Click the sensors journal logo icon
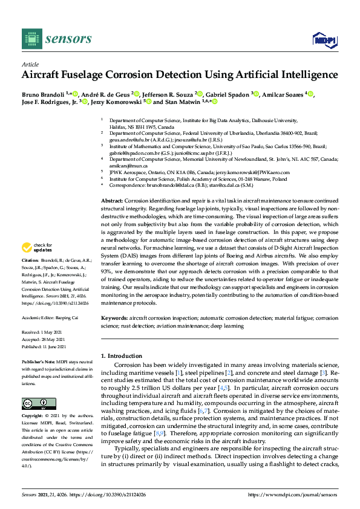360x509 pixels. (31, 39)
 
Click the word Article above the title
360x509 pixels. (30, 65)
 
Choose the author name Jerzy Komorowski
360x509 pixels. (113, 103)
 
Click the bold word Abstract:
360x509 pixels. (113, 200)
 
